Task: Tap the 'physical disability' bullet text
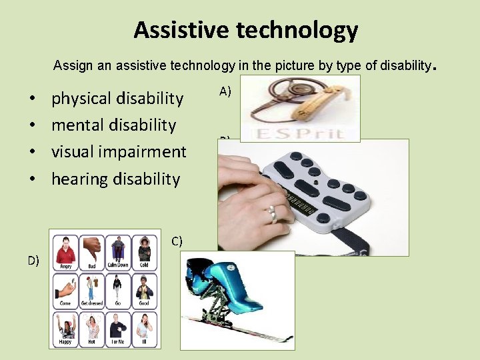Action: (117, 99)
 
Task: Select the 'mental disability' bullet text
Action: (113, 125)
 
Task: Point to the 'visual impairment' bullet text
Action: (119, 152)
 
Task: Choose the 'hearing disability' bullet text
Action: (115, 179)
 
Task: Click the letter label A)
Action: (225, 92)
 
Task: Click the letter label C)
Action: (177, 241)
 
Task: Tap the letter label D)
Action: (33, 260)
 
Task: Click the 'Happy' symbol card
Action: (65, 328)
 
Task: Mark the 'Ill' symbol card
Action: (145, 328)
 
